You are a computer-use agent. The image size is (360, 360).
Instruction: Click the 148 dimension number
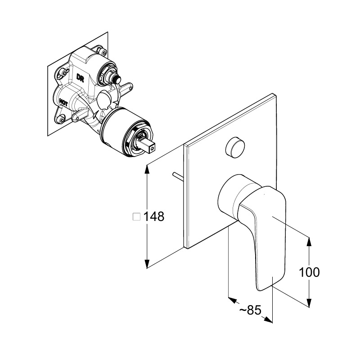click(154, 216)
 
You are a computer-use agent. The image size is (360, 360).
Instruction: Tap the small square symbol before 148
click(137, 216)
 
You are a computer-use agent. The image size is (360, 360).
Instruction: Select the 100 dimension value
click(309, 272)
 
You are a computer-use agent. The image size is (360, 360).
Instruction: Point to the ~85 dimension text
click(250, 310)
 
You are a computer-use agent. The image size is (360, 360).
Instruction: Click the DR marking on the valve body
click(81, 78)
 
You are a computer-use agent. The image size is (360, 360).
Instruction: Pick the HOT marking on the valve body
click(63, 102)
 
